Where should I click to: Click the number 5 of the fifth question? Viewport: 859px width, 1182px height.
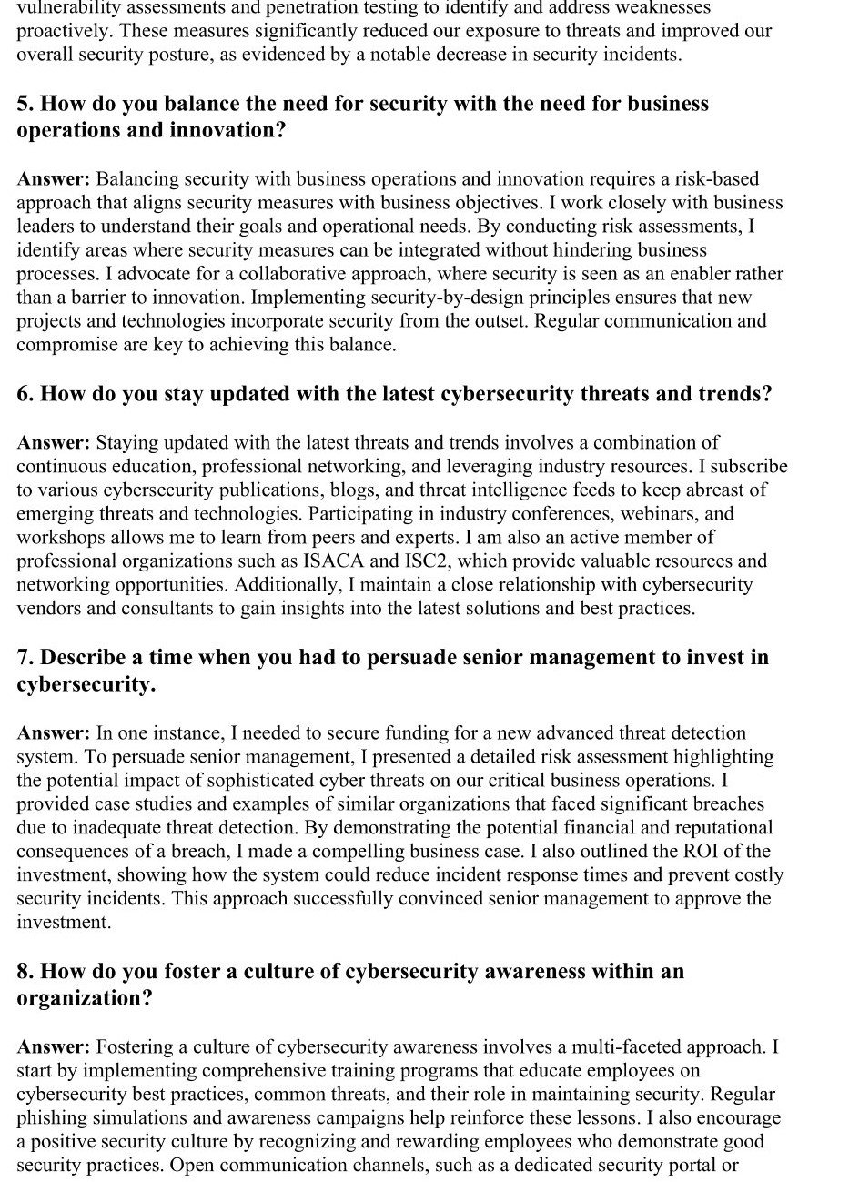point(24,104)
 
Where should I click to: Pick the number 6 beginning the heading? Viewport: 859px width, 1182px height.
point(24,394)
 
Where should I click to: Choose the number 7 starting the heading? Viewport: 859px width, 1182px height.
point(24,657)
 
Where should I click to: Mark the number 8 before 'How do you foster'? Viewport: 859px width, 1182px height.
point(24,971)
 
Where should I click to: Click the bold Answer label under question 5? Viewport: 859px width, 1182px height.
point(54,178)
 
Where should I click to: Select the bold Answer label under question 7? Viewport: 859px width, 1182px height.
point(54,732)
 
